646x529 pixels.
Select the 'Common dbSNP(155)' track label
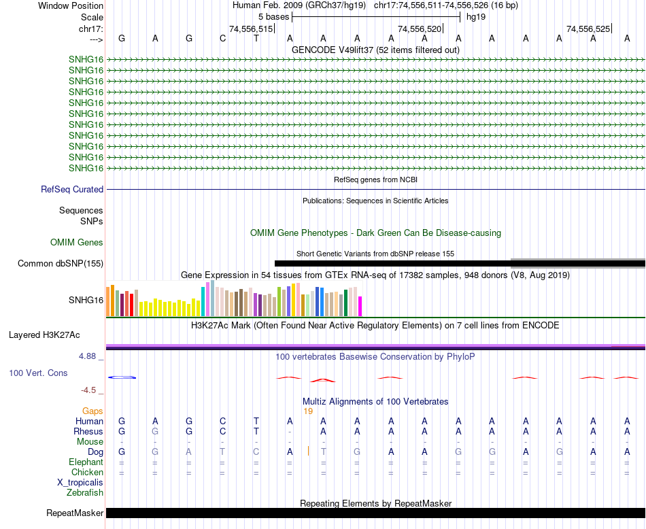(x=61, y=264)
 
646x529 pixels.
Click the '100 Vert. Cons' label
(x=38, y=373)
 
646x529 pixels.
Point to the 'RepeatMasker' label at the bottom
(x=75, y=513)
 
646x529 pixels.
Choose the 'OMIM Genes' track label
(x=77, y=242)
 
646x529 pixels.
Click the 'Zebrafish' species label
(x=86, y=492)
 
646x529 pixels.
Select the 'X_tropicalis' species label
(x=80, y=482)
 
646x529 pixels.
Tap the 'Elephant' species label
(x=86, y=462)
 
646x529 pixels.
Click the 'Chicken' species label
(x=87, y=472)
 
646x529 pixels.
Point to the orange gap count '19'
(x=308, y=411)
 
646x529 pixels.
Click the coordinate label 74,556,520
(x=420, y=29)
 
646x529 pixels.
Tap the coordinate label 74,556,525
(x=588, y=29)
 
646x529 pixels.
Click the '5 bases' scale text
(x=273, y=16)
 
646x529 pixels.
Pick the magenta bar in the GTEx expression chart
(x=360, y=306)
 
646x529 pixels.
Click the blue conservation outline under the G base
(x=123, y=377)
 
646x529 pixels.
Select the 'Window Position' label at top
(x=71, y=5)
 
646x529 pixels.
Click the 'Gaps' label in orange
(x=92, y=411)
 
